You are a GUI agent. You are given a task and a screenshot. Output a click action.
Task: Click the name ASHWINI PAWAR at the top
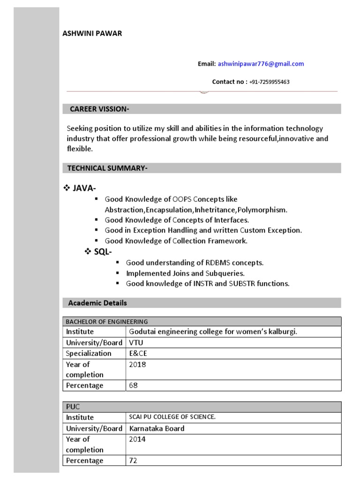[92, 33]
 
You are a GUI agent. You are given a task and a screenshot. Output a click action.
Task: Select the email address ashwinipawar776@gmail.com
[261, 64]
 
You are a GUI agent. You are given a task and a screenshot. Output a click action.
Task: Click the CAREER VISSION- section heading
[99, 109]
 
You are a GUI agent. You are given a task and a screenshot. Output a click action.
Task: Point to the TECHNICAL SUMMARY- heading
[107, 168]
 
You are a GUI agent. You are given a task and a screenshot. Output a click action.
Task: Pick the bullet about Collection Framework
[176, 241]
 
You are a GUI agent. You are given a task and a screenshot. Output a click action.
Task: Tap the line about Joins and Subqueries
[186, 273]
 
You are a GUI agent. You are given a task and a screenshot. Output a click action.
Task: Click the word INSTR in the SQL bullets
[203, 284]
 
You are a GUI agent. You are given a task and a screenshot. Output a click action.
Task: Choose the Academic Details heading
[97, 303]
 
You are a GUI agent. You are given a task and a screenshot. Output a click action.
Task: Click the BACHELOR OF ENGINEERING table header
[107, 322]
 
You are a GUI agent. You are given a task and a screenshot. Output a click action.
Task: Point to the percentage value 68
[134, 385]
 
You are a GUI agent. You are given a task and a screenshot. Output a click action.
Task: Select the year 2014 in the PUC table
[137, 439]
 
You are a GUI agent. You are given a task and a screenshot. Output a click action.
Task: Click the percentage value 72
[133, 460]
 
